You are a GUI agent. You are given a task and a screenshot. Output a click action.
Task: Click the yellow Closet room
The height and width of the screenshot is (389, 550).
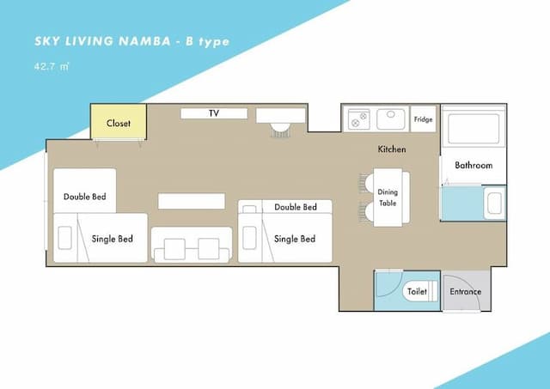coord(119,122)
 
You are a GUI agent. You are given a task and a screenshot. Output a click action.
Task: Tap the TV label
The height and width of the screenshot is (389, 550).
coord(214,113)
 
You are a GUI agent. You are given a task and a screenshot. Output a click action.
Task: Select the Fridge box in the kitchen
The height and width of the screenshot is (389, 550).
coord(424,119)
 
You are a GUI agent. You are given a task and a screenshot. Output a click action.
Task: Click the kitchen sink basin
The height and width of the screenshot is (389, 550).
coord(391,119)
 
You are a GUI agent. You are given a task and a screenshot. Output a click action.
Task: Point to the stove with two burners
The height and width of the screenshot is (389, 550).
coord(359,119)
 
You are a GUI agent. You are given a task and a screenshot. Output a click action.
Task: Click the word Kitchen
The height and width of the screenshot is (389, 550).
coord(392,149)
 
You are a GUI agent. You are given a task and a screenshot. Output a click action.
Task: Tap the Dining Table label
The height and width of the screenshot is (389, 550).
coord(388,198)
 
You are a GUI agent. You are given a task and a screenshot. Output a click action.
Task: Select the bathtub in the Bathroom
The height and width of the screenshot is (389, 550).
coord(474,129)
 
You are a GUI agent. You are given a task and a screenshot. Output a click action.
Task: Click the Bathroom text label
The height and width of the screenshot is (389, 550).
coord(474,165)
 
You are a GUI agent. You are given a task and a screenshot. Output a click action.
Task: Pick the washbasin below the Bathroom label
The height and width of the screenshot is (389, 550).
coord(494,204)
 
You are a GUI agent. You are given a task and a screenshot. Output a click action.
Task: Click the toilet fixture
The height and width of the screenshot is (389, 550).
coord(420,291)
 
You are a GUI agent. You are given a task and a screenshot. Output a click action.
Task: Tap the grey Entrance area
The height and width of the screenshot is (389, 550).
coord(466,290)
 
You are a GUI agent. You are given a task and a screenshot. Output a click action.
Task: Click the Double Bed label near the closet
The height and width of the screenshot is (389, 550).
coord(84,197)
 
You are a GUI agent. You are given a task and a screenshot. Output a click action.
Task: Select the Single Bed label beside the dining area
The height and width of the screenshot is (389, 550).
coord(295,239)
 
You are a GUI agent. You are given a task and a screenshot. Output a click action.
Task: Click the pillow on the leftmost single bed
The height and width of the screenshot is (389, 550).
coord(65,238)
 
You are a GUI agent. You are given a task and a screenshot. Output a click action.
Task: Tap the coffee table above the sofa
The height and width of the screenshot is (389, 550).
coord(192,201)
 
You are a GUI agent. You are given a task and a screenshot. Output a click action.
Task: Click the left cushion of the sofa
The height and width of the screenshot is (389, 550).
coord(174,249)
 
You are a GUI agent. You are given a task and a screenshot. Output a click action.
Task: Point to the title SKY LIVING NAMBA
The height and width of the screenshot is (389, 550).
coord(102,41)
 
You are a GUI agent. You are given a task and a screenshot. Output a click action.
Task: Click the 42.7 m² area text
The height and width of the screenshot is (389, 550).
coord(52,66)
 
